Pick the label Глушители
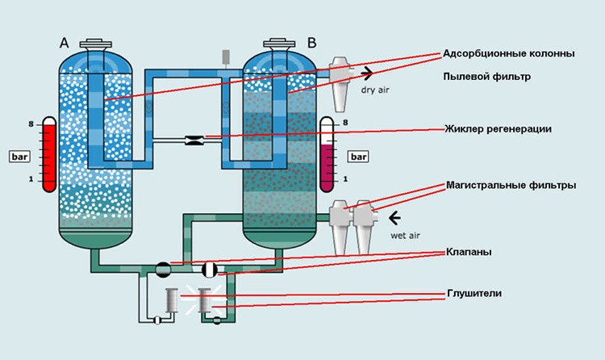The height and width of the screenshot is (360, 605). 474,294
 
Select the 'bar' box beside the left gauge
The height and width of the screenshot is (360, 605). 19,153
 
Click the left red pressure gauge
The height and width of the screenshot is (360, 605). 49,154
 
